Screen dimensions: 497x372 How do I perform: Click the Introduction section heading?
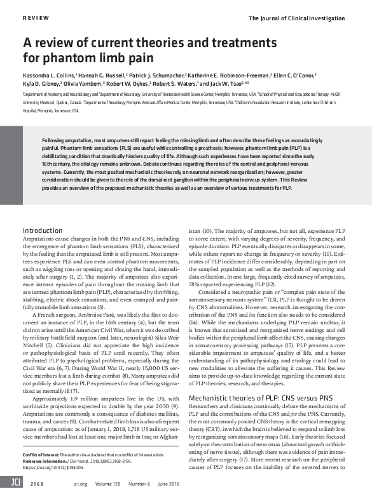coord(43,230)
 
